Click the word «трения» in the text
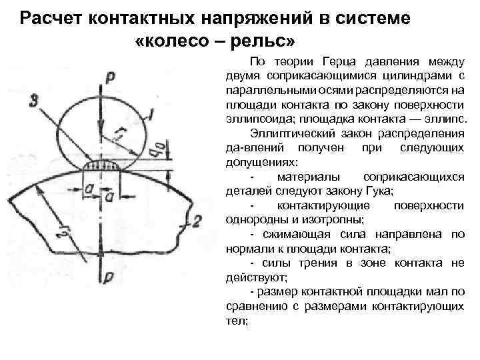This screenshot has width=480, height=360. [x=310, y=263]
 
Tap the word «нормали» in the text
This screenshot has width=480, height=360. [x=248, y=249]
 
